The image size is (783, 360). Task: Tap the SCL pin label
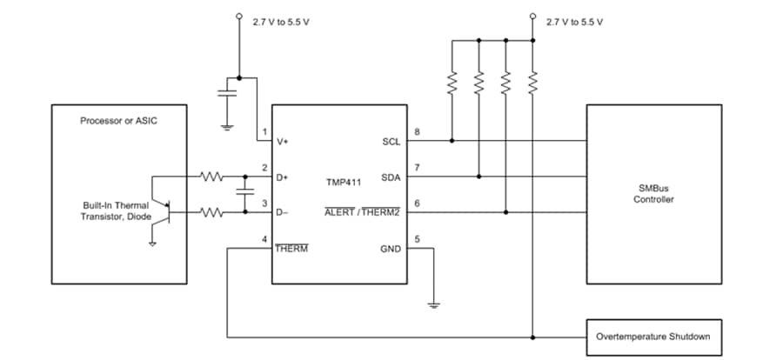coord(391,142)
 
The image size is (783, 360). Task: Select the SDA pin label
coord(391,177)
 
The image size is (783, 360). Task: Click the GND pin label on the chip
coord(390,248)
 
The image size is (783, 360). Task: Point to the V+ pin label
coord(284,142)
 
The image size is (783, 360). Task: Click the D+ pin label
coord(284,177)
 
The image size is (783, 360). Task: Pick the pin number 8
coord(418,132)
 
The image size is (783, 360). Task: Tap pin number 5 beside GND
coord(418,239)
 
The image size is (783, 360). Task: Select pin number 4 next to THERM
coord(264,239)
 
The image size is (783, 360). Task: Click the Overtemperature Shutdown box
coord(652,336)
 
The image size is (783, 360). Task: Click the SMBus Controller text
coord(653,194)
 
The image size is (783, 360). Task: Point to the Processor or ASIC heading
coord(119,120)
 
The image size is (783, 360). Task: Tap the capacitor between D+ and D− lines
coord(244,193)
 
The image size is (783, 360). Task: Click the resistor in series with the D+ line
coord(212,177)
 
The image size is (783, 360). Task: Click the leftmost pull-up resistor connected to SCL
coord(452,83)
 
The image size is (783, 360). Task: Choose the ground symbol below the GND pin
coord(432,303)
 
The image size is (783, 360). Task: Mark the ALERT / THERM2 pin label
coord(361,212)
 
